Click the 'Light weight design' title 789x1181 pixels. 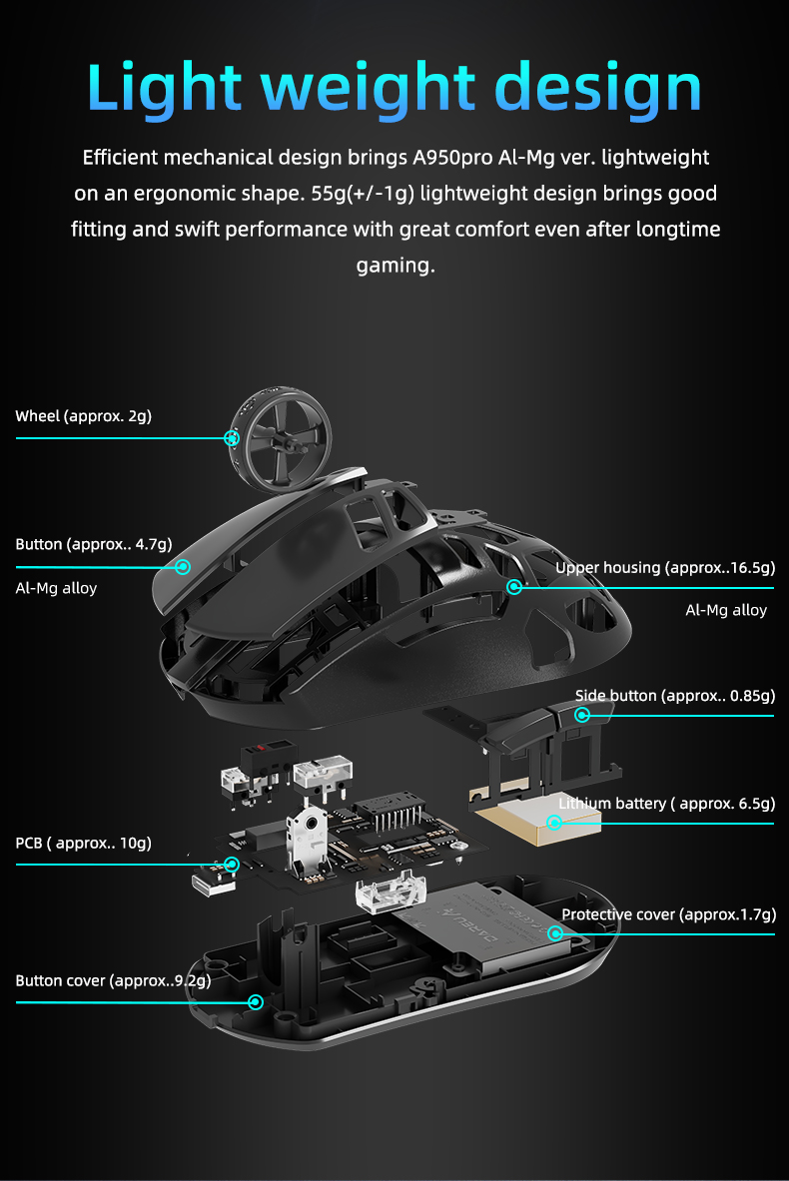pos(394,88)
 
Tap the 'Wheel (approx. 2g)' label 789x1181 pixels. pos(84,415)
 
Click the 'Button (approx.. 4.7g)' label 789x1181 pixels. pos(94,544)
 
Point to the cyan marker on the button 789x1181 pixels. pos(183,566)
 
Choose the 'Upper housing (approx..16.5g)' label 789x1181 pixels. pos(665,568)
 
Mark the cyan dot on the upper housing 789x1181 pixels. pos(514,586)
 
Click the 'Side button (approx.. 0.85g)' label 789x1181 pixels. pos(675,695)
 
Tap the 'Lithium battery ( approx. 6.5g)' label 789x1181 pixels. pos(667,804)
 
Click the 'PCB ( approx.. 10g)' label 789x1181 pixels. pos(83,843)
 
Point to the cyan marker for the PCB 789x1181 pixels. pos(232,864)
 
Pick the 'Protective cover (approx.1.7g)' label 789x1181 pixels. pos(668,914)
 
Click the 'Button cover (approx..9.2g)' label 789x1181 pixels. pos(113,980)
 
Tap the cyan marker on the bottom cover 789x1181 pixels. pos(256,1001)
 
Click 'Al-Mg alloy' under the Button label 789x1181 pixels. pos(57,588)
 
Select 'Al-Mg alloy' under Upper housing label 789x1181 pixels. pos(726,610)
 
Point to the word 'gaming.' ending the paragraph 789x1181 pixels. pos(395,266)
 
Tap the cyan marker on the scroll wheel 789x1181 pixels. pos(232,437)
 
